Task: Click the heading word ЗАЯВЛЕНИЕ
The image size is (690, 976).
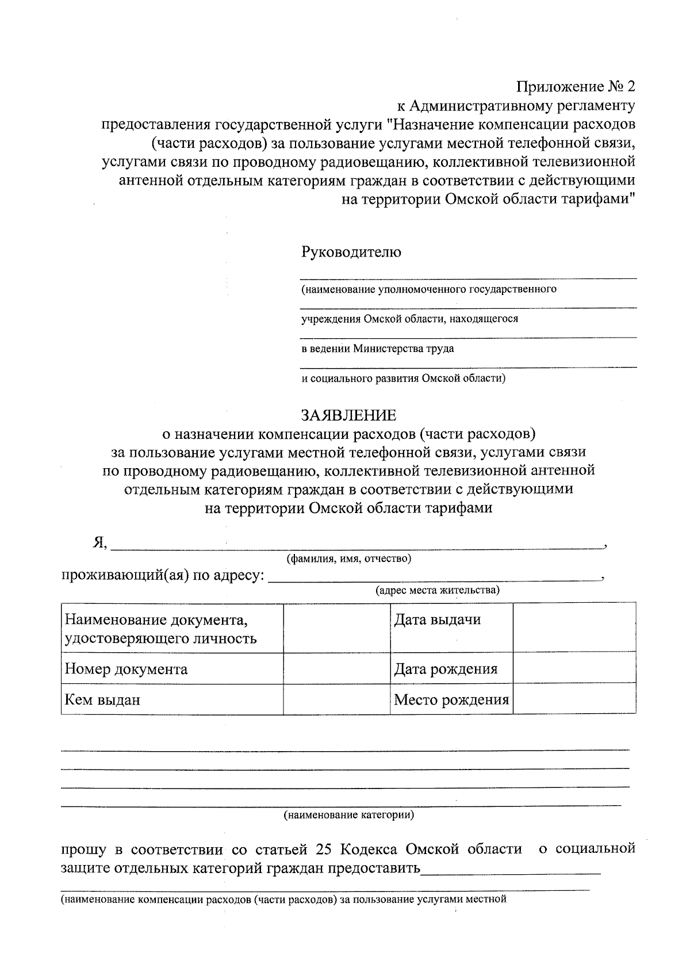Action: [x=348, y=415]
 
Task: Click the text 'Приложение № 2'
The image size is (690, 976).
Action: [x=576, y=87]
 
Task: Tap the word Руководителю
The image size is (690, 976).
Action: [x=351, y=252]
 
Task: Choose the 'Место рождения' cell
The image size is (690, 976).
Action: [x=451, y=700]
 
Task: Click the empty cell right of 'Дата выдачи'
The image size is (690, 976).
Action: [x=574, y=627]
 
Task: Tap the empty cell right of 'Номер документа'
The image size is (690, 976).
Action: [x=336, y=668]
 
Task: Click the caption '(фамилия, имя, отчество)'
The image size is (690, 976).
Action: [x=348, y=558]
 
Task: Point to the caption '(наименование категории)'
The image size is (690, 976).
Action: [x=348, y=815]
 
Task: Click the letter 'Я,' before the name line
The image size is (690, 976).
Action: [x=99, y=542]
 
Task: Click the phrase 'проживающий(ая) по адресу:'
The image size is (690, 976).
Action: [x=163, y=575]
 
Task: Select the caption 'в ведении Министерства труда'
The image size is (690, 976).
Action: [x=378, y=349]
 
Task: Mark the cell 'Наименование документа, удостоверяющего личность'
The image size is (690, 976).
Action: [x=161, y=629]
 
